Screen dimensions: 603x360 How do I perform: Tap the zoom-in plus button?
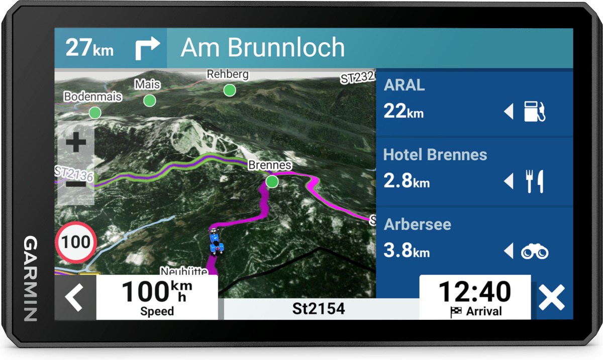click(76, 143)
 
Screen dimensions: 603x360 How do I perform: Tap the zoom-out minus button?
click(76, 184)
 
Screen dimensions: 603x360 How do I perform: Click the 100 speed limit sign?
click(76, 243)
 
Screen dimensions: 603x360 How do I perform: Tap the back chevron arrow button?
click(75, 298)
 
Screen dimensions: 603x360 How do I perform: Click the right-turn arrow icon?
click(147, 48)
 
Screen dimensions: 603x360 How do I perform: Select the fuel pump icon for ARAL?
click(534, 111)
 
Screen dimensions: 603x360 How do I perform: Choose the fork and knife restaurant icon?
click(534, 181)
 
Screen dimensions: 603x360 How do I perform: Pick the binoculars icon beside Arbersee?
click(535, 251)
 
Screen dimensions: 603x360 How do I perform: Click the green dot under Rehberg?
click(230, 90)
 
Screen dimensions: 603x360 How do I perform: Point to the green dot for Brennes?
click(272, 181)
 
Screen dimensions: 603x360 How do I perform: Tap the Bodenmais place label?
click(92, 96)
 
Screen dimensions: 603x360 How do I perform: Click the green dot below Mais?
click(149, 101)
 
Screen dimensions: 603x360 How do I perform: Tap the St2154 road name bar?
click(319, 308)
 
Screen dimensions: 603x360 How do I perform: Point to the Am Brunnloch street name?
click(263, 48)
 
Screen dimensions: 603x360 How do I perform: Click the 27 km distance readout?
click(89, 48)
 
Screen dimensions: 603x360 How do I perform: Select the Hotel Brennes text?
click(435, 155)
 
